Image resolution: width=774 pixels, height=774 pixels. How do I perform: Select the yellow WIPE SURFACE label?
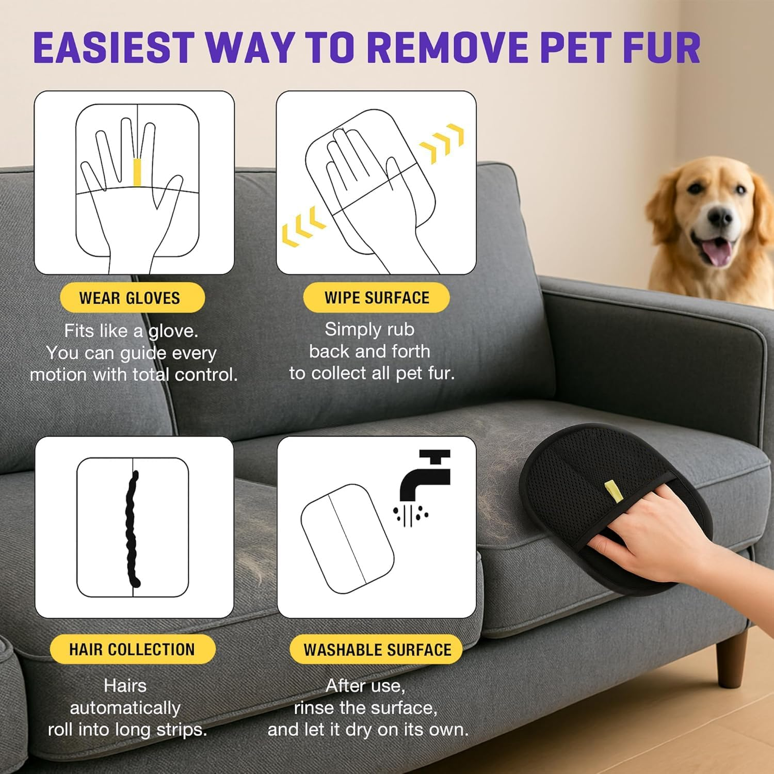(x=376, y=297)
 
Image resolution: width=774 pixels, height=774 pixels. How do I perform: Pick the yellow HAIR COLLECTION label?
(x=132, y=649)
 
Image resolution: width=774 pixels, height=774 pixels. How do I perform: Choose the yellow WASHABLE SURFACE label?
(x=376, y=649)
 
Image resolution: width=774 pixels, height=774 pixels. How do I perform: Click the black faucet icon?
(x=425, y=475)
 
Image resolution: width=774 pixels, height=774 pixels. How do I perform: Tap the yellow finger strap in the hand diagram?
(x=137, y=172)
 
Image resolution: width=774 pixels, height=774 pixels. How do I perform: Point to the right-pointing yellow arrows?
(x=443, y=143)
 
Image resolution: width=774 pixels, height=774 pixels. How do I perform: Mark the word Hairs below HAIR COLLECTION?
(x=125, y=686)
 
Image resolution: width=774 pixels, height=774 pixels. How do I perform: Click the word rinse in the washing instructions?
(x=315, y=707)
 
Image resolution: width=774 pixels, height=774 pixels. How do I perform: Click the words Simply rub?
(x=369, y=329)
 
